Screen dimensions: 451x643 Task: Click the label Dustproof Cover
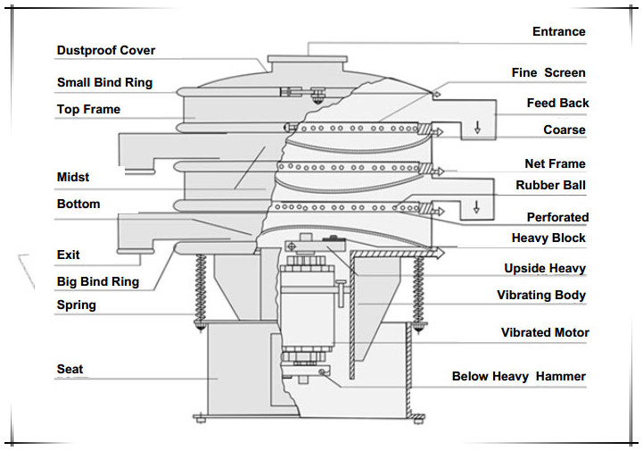[105, 51]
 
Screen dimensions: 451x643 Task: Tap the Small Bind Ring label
[104, 83]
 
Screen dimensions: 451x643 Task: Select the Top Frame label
[88, 110]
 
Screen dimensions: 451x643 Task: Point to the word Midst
[73, 178]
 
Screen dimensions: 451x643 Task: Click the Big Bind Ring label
[98, 282]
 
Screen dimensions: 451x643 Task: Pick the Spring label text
[76, 305]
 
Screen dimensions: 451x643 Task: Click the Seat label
[70, 369]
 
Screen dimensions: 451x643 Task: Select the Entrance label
[558, 32]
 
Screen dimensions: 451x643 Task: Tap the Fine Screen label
[548, 73]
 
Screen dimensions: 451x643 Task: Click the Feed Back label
[557, 104]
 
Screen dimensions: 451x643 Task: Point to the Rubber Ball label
[550, 186]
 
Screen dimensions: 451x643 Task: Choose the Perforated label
[557, 217]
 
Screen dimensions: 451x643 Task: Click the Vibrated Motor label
[545, 333]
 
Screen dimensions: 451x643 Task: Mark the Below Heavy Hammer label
[518, 377]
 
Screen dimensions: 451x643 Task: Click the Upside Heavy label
[545, 269]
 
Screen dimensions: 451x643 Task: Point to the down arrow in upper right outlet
[477, 126]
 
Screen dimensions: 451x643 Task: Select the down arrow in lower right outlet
[477, 206]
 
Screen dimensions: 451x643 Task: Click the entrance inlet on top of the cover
[308, 60]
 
